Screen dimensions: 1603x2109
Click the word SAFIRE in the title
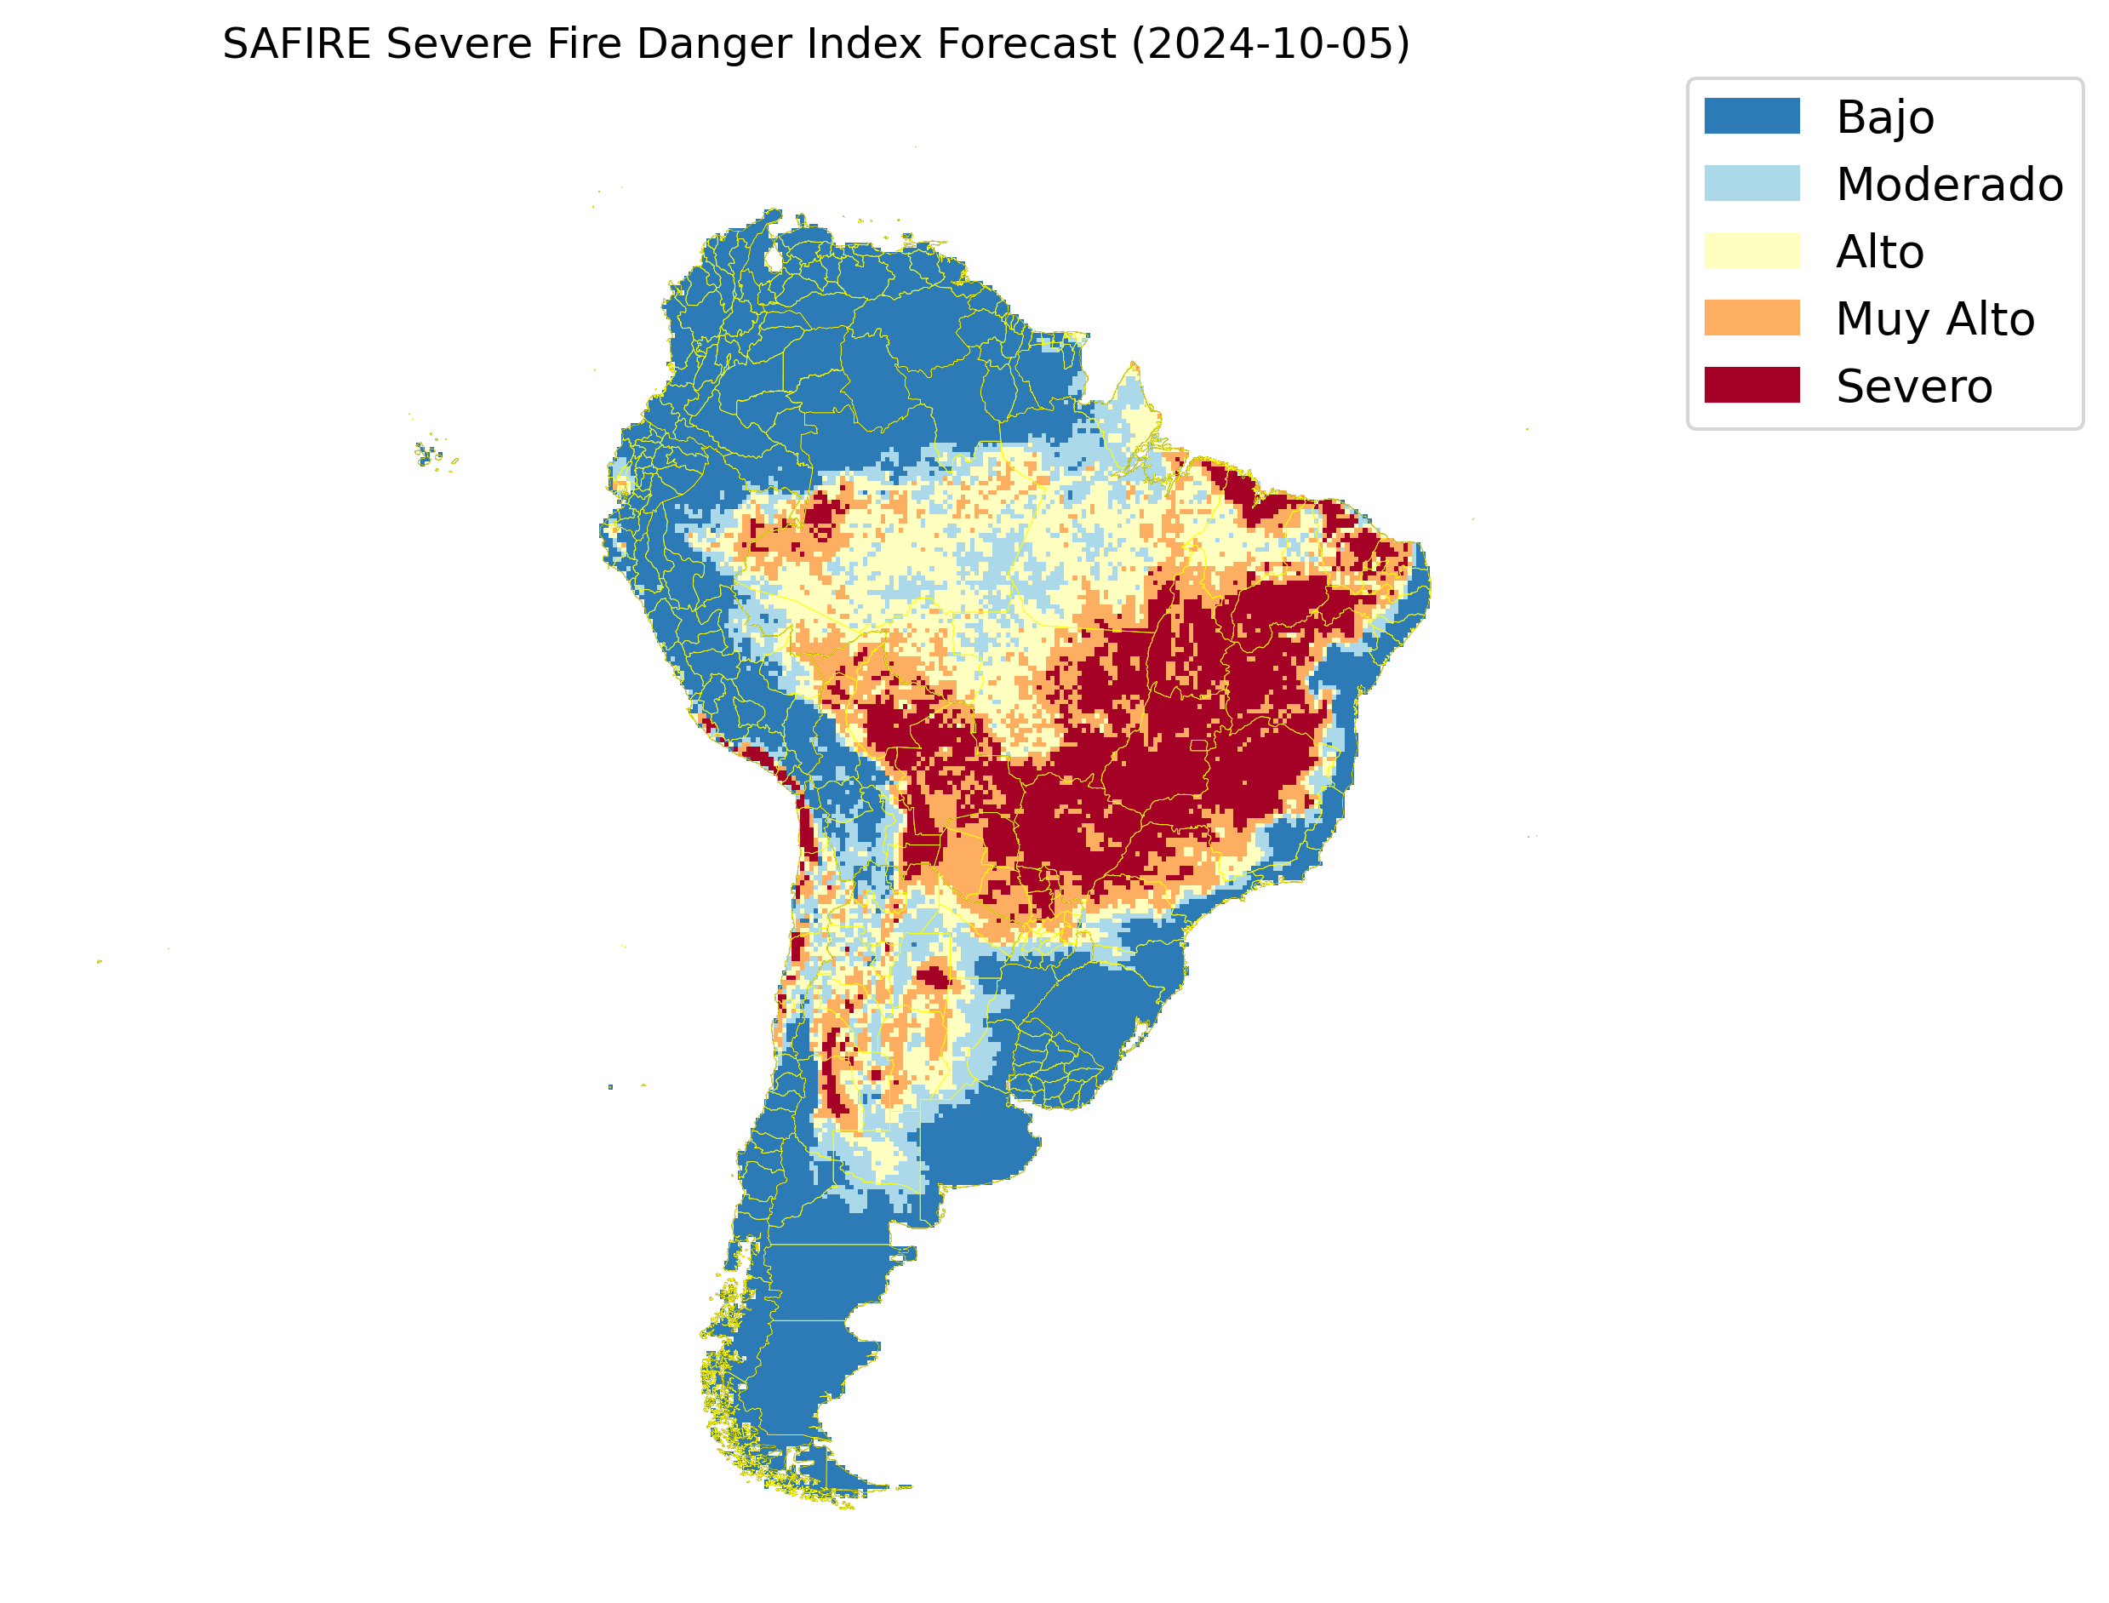coord(295,44)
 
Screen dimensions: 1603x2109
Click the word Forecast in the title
coord(1026,44)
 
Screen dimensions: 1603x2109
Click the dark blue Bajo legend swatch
coord(1752,117)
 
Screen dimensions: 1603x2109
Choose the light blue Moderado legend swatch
coord(1752,183)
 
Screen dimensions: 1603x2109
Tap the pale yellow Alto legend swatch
coord(1752,251)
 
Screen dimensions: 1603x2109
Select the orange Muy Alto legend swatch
coord(1752,318)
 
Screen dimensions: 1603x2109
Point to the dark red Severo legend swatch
coord(1752,386)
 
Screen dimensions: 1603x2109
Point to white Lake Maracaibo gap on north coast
coord(774,259)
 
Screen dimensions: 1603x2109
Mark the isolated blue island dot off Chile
coord(610,1087)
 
